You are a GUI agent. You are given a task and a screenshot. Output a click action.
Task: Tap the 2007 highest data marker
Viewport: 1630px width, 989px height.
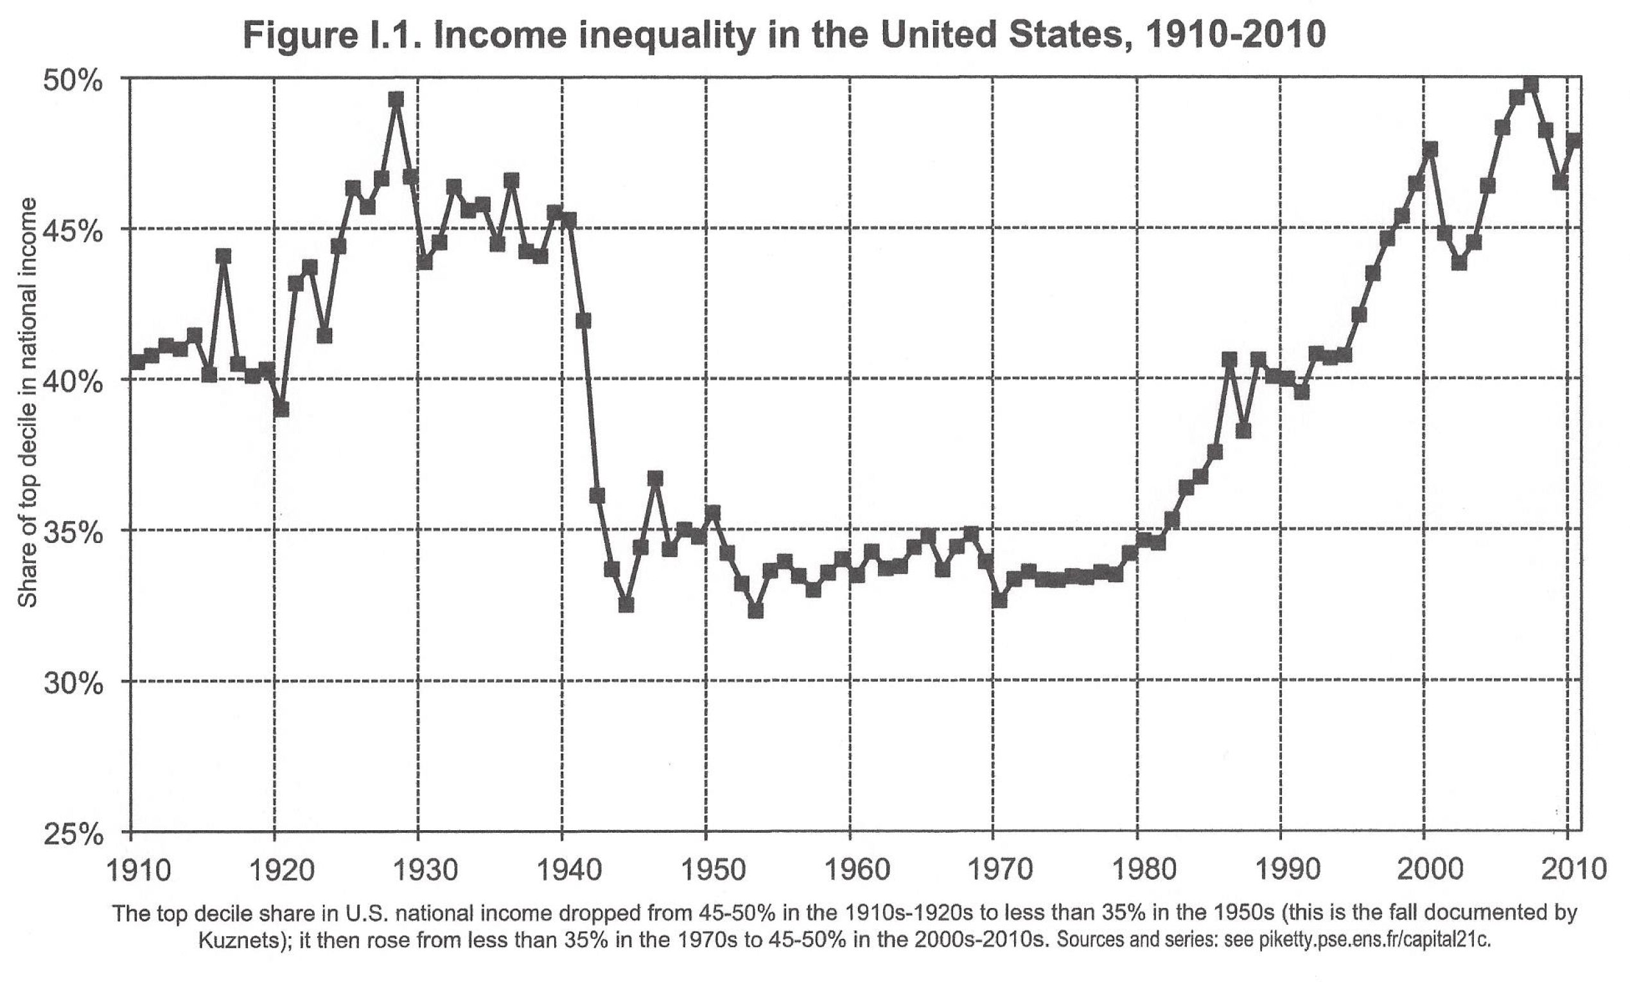(x=1530, y=86)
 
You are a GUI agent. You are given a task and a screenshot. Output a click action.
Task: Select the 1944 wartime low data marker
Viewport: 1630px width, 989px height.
(x=626, y=604)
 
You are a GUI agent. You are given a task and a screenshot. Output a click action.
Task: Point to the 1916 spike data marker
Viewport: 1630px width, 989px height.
(x=223, y=256)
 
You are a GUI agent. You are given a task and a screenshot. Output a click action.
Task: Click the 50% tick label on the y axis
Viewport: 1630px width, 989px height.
(x=73, y=82)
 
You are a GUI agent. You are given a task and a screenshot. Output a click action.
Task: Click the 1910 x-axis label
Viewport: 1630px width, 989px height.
(x=138, y=870)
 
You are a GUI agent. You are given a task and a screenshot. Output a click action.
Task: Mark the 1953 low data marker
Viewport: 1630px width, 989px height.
(x=755, y=610)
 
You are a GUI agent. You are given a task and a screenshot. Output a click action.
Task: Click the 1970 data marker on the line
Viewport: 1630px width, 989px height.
(x=999, y=600)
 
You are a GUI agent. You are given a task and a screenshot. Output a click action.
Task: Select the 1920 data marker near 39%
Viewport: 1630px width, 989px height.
(x=281, y=409)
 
